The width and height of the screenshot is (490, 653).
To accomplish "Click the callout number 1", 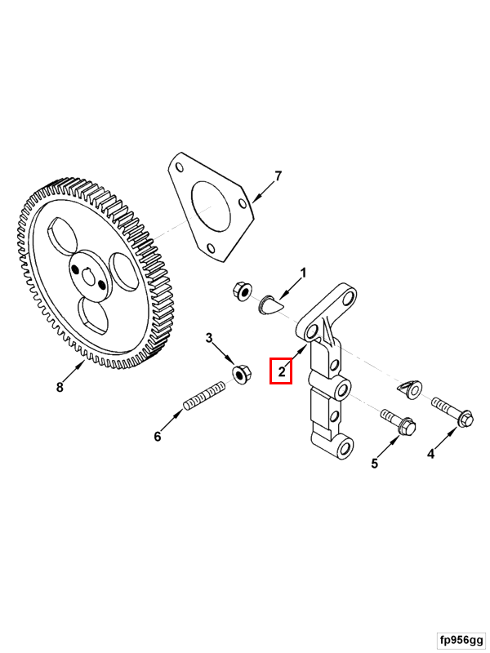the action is pyautogui.click(x=303, y=273).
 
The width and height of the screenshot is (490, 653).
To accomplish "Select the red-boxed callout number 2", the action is pyautogui.click(x=282, y=371).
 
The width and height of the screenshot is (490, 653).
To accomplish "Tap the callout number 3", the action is pyautogui.click(x=209, y=338).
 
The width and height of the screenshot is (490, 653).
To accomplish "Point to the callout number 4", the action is pyautogui.click(x=431, y=454).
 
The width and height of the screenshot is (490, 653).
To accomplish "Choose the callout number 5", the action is pyautogui.click(x=375, y=463).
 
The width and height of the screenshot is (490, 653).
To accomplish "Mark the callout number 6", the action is pyautogui.click(x=158, y=437).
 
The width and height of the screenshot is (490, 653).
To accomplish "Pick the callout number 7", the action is pyautogui.click(x=278, y=176).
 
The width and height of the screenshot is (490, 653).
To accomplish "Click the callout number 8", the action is pyautogui.click(x=60, y=387).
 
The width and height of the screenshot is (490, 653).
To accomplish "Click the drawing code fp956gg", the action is pyautogui.click(x=461, y=640).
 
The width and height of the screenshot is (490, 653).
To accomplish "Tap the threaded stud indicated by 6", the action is pyautogui.click(x=204, y=396).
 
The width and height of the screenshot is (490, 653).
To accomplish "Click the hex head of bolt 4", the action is pyautogui.click(x=466, y=419).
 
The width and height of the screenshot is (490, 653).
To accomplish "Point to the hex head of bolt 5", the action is pyautogui.click(x=408, y=427).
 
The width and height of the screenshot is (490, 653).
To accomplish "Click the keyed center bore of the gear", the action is pyautogui.click(x=89, y=276).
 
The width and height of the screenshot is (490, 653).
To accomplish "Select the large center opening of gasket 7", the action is pyautogui.click(x=211, y=207).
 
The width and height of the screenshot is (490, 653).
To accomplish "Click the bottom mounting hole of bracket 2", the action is pyautogui.click(x=345, y=448).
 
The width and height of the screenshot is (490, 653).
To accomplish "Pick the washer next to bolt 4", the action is pyautogui.click(x=410, y=389).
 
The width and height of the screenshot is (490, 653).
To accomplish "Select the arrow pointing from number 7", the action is pyautogui.click(x=262, y=193).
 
